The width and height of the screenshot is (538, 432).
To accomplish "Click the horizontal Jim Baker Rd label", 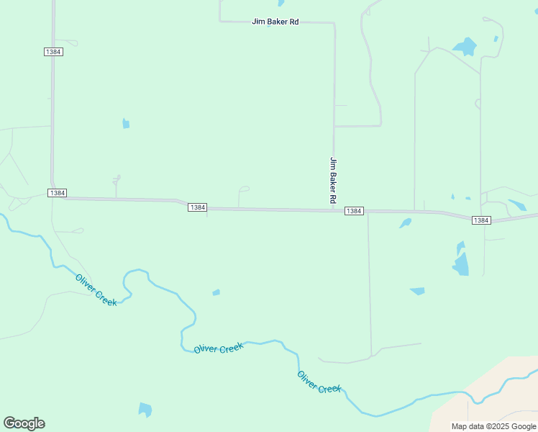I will coord(275,22).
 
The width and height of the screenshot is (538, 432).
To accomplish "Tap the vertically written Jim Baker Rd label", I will coord(333,179).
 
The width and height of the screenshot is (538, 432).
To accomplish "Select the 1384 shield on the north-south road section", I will coord(53,52).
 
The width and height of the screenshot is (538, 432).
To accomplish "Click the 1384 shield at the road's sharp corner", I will coord(58,193).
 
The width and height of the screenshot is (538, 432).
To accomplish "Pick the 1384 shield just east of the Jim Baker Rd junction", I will coord(353,211).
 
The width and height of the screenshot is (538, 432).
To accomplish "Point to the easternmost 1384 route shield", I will coord(481,220).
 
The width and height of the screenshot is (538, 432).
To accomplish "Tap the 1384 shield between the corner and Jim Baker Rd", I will coord(197,207).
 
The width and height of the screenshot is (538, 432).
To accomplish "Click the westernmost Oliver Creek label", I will coord(96,289).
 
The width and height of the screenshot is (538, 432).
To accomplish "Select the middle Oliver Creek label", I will coord(219,348).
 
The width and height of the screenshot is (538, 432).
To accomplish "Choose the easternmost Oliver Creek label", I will coord(319,382).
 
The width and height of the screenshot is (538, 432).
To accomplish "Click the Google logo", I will coord(24,423).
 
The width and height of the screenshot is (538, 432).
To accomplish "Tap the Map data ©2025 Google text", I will coord(493,426).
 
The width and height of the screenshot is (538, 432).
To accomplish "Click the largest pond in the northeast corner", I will coord(465,47).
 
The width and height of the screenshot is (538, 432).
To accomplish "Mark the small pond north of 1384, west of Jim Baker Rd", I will coord(126,124).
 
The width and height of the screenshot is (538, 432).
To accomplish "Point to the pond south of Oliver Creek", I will coord(145,410).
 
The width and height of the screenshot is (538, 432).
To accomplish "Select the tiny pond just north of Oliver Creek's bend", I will coord(216,292).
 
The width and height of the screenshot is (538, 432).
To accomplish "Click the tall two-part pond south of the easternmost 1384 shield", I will coord(460,260).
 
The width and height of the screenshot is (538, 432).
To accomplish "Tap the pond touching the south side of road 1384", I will coord(406,223).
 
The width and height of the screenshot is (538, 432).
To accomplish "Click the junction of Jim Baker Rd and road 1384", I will coord(333,210).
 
